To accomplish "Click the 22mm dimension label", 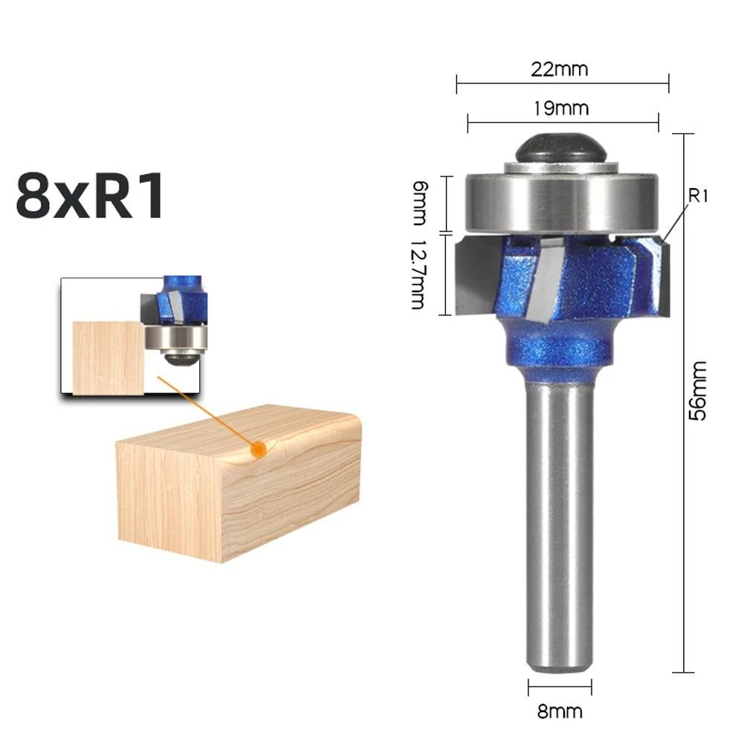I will [560, 70].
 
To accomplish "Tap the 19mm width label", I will [561, 109].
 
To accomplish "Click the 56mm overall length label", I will [698, 401].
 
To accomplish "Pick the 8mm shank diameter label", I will [560, 711].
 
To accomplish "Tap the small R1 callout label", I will [699, 196].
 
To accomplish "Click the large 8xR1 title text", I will [90, 195].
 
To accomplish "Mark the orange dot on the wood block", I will [258, 449].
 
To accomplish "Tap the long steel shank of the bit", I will [559, 520].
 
